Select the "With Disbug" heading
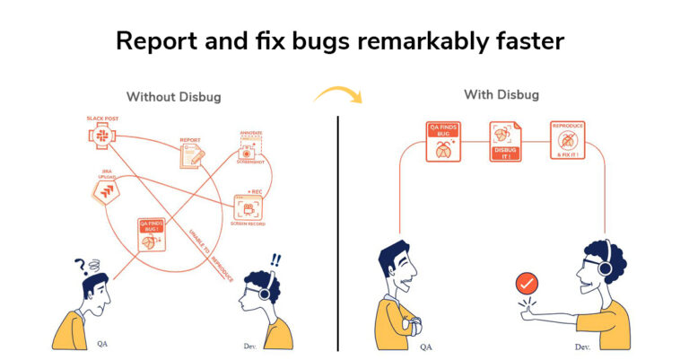pyautogui.click(x=502, y=94)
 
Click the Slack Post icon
pyautogui.click(x=103, y=136)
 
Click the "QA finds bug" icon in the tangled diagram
pyautogui.click(x=151, y=236)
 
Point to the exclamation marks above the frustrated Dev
pyautogui.click(x=274, y=261)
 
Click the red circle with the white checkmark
pyautogui.click(x=527, y=285)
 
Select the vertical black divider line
pyautogui.click(x=338, y=233)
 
